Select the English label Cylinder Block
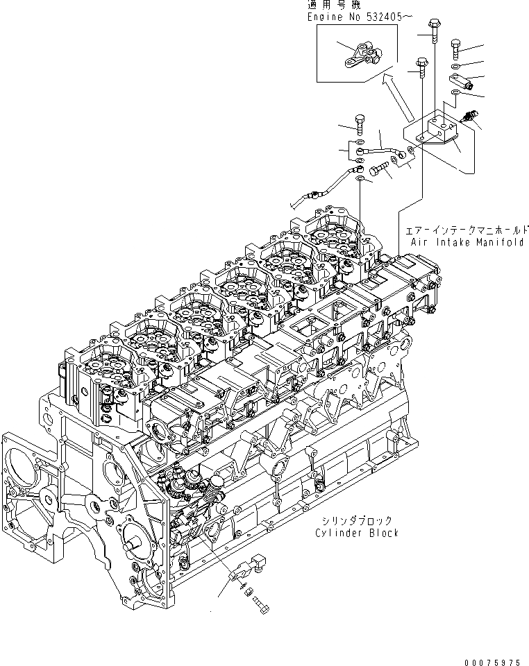coord(356,533)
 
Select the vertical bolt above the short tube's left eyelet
coord(360,125)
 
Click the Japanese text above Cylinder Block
coord(356,520)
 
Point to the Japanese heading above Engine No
coord(327,4)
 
